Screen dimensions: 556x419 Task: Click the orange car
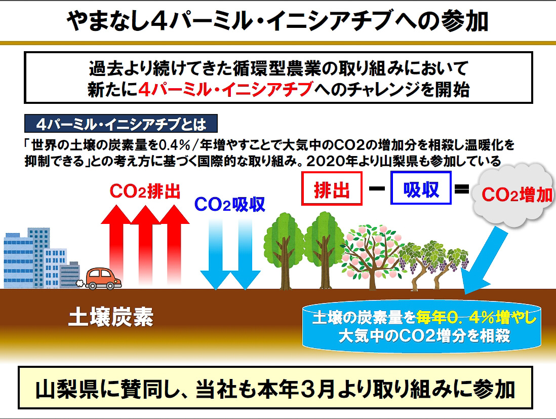[x=103, y=279]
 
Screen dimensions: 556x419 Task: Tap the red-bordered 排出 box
[x=332, y=189]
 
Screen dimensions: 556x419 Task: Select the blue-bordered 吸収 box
[x=421, y=188]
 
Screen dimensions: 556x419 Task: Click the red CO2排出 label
[x=145, y=191]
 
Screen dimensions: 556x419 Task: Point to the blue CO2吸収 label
[x=230, y=204]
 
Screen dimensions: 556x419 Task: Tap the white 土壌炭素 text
[x=110, y=317]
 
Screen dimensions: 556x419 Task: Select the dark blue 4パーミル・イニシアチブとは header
[x=121, y=124]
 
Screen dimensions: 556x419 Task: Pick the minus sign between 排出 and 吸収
[x=377, y=188]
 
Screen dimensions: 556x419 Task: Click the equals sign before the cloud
[x=462, y=189]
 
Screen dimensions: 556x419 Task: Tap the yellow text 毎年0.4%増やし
[x=476, y=318]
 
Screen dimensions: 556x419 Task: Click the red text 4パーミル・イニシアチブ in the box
[x=225, y=89]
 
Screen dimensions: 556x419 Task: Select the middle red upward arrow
[x=145, y=245]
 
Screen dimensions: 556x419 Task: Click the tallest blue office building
[x=38, y=257]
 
